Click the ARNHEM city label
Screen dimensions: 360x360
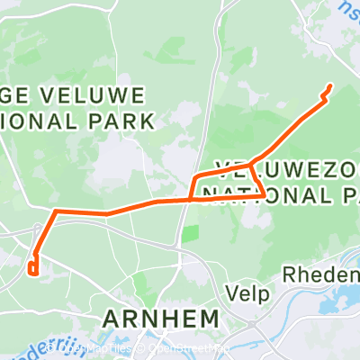161,319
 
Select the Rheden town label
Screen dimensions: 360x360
319,274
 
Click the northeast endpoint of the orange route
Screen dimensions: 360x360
330,85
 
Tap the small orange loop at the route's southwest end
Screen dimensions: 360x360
33,267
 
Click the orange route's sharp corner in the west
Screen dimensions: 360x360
57,211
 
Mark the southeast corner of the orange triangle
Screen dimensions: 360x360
263,194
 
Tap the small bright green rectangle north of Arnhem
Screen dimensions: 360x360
189,234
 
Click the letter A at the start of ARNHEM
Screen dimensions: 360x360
112,319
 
